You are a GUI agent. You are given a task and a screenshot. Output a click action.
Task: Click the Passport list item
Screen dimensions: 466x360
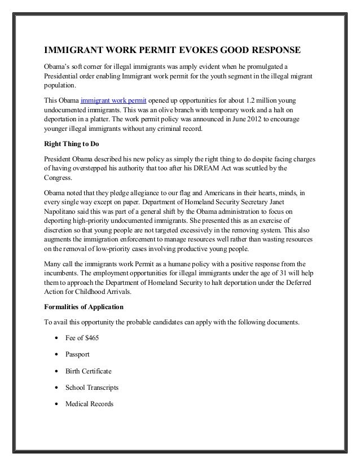[77, 355]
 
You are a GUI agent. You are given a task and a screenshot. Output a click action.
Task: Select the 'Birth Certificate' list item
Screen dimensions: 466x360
[88, 372]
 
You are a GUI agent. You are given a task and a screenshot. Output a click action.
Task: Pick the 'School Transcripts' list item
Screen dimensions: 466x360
[91, 388]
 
